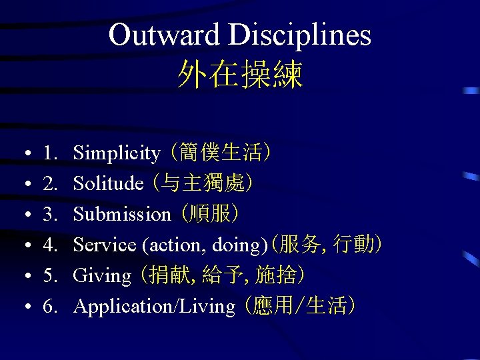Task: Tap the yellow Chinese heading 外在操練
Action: pyautogui.click(x=240, y=75)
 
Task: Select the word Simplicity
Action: pyautogui.click(x=117, y=154)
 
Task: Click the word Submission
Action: pyautogui.click(x=122, y=215)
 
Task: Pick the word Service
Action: pyautogui.click(x=105, y=245)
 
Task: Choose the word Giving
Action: pyautogui.click(x=102, y=276)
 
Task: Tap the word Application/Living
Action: pyautogui.click(x=154, y=307)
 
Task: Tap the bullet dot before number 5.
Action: pyautogui.click(x=24, y=277)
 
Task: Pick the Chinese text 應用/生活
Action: pyautogui.click(x=300, y=306)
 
